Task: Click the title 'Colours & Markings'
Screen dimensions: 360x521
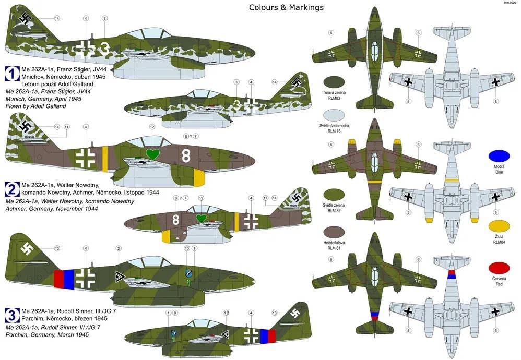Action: (x=286, y=7)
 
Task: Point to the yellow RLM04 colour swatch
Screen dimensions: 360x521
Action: (x=499, y=227)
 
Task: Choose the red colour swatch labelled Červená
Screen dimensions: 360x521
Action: (x=499, y=270)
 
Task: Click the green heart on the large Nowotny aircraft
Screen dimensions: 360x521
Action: (x=152, y=154)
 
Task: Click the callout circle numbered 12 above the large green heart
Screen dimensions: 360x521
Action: (x=152, y=126)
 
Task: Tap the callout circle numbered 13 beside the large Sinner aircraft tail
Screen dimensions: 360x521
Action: (x=57, y=248)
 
